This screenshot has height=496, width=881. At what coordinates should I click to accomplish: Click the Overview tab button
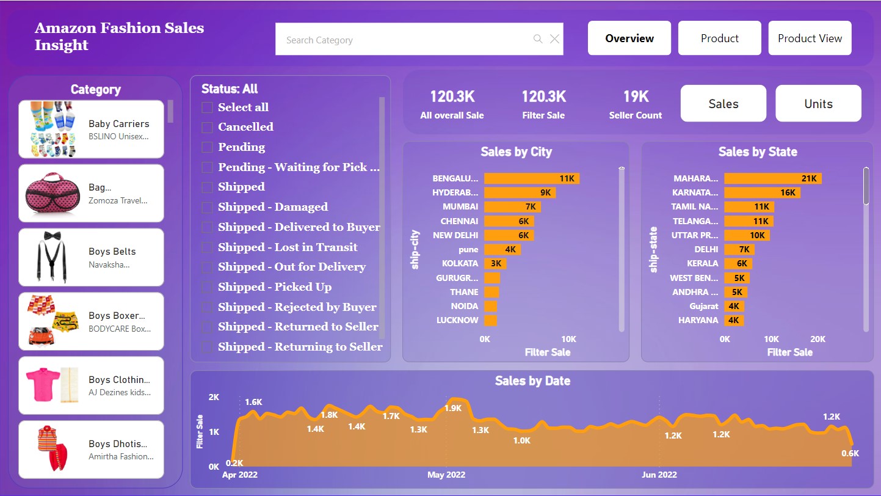[x=629, y=38]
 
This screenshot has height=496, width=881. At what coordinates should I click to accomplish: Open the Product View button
[x=810, y=38]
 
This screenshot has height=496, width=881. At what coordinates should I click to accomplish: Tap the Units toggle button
[x=818, y=104]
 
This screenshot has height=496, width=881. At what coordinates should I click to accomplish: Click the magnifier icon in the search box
[x=538, y=39]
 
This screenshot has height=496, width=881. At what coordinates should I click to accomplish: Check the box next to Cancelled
[x=208, y=127]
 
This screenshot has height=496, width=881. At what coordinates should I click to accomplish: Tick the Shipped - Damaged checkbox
[x=208, y=207]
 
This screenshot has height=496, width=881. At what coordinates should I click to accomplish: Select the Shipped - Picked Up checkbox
[x=208, y=287]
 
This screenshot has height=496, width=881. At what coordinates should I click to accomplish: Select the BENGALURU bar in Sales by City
[x=531, y=178]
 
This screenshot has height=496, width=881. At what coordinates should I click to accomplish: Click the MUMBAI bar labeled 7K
[x=512, y=207]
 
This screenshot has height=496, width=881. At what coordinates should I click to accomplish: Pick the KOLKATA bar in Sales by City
[x=495, y=263]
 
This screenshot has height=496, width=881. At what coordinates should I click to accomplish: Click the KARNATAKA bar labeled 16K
[x=761, y=192]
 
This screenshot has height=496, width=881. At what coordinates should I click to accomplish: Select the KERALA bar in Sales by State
[x=738, y=263]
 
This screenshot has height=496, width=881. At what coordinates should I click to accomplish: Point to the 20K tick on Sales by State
[x=818, y=339]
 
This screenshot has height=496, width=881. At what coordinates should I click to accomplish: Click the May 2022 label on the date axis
[x=446, y=475]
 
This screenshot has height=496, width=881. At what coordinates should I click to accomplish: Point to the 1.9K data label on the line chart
[x=452, y=408]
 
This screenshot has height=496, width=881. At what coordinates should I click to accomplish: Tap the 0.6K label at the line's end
[x=850, y=453]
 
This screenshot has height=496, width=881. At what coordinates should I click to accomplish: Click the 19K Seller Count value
[x=635, y=97]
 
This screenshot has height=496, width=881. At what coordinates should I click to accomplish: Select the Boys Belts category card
[x=91, y=257]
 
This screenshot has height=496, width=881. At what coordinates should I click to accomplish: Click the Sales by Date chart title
[x=532, y=381]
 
